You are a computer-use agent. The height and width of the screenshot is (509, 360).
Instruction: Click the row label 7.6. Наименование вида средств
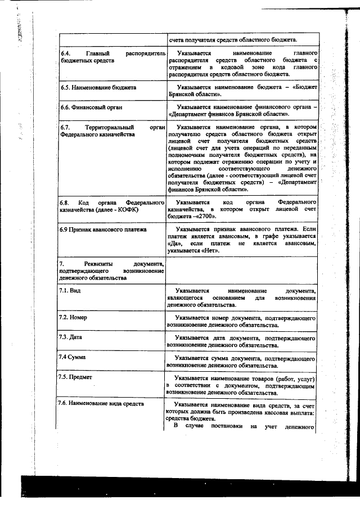click(101, 403)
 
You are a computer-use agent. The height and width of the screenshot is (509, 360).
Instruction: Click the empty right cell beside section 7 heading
click(242, 270)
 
